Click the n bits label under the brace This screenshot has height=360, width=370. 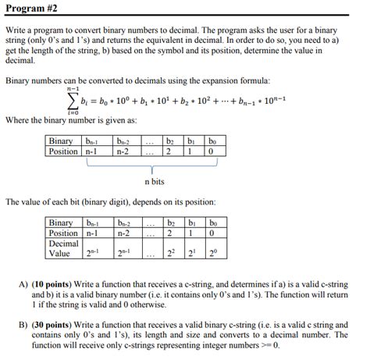[x=157, y=181]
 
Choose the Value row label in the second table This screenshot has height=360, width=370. [x=60, y=253]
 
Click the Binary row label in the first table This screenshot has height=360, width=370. [x=61, y=141]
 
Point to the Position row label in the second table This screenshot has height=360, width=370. [x=63, y=233]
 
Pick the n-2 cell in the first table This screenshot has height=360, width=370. [x=123, y=151]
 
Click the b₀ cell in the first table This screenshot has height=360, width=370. [x=212, y=141]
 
